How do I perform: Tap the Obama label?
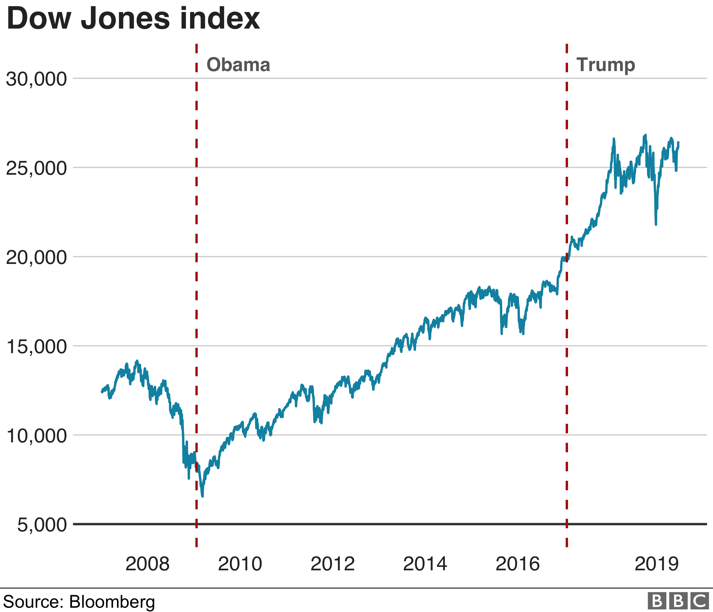[x=238, y=65]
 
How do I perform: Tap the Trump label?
[x=606, y=65]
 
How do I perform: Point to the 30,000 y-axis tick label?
[x=36, y=79]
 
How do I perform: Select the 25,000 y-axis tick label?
[x=36, y=168]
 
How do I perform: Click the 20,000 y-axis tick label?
[x=36, y=257]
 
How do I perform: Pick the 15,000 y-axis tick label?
[x=36, y=347]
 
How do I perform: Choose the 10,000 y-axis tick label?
[x=36, y=436]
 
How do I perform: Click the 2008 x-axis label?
[x=147, y=564]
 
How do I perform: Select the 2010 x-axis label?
[x=240, y=564]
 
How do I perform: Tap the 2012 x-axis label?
[x=332, y=564]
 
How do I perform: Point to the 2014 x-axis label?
[x=425, y=564]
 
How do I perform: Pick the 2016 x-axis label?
[x=517, y=564]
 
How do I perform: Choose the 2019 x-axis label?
[x=657, y=564]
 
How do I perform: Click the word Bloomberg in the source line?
[x=112, y=601]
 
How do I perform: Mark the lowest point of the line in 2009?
[x=202, y=496]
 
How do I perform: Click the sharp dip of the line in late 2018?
[x=656, y=224]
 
